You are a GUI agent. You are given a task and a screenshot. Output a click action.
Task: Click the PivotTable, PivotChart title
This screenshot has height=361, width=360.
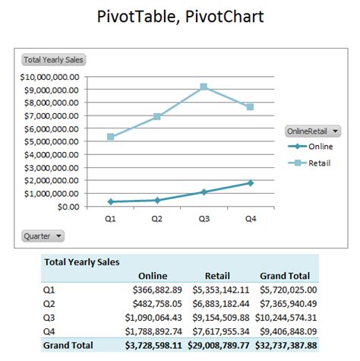pyautogui.click(x=180, y=17)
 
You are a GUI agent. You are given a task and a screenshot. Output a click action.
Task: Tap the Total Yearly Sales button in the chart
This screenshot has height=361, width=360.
pyautogui.click(x=53, y=60)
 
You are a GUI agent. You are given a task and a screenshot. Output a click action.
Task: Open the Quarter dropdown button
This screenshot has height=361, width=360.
pyautogui.click(x=43, y=236)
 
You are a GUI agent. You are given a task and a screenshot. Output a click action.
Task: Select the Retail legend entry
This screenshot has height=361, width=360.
pyautogui.click(x=312, y=163)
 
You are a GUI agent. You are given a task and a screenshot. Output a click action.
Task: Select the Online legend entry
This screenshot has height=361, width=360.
pyautogui.click(x=312, y=147)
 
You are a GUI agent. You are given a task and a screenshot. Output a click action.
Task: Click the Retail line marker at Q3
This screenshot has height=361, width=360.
pyautogui.click(x=204, y=87)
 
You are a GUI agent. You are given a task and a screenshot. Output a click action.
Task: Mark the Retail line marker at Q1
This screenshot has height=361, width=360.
pyautogui.click(x=111, y=137)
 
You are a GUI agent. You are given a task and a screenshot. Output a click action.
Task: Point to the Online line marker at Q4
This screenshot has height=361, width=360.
pyautogui.click(x=250, y=183)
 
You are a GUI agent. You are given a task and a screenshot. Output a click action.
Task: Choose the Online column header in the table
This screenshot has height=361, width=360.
pyautogui.click(x=153, y=276)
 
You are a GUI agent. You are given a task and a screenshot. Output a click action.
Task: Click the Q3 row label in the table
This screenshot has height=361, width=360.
pyautogui.click(x=50, y=317)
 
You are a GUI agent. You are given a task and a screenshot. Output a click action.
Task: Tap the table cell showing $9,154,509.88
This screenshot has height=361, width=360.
pyautogui.click(x=221, y=317)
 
